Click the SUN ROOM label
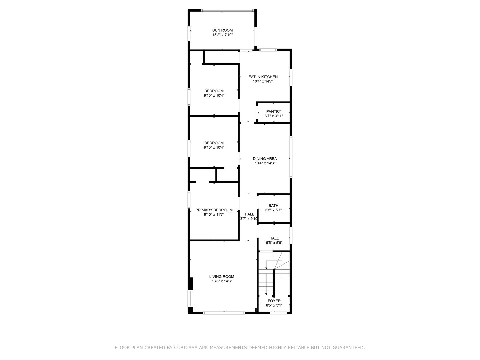point(222,30)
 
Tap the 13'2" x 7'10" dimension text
point(222,35)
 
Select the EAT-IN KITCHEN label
point(263,77)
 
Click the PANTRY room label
point(274,112)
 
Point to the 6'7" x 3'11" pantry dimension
point(274,116)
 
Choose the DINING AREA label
point(265,159)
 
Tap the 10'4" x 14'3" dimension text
point(265,163)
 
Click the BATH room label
point(273,206)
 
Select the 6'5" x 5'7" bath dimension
point(273,210)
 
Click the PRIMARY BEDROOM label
point(214,210)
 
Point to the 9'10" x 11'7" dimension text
point(214,215)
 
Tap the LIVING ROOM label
point(222,276)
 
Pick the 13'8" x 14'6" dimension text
point(222,281)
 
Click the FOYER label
point(274,301)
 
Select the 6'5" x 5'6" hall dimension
point(274,243)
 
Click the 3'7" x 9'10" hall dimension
point(249,219)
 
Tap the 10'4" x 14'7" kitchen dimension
point(263,81)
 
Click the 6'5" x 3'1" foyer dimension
point(274,305)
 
